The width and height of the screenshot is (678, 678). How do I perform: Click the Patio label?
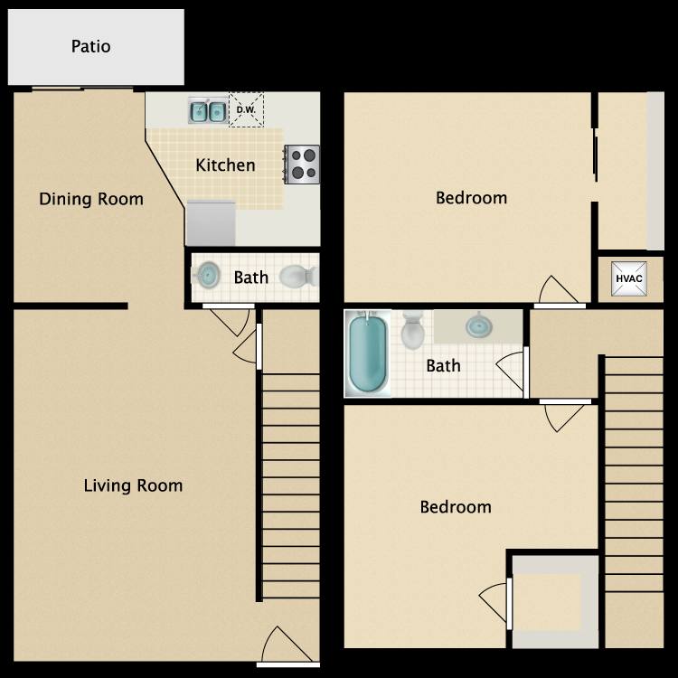point(91,46)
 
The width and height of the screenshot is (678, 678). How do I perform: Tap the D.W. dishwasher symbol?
point(245,110)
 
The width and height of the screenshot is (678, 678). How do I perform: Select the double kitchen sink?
point(208,111)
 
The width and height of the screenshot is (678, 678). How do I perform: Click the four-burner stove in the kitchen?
point(303,164)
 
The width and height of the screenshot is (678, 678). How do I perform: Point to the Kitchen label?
point(225,165)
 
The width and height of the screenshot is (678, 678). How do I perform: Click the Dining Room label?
point(91,199)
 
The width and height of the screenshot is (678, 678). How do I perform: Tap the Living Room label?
point(133,485)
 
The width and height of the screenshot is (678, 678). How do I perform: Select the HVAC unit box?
point(628,278)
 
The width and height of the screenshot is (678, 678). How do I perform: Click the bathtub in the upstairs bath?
point(367,353)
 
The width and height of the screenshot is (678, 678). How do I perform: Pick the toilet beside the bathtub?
point(413,330)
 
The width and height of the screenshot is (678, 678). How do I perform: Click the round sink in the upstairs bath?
point(478,325)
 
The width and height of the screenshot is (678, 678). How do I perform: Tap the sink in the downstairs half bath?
point(208,275)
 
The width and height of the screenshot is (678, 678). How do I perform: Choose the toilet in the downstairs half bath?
point(296,276)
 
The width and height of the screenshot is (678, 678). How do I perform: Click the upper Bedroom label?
point(471,198)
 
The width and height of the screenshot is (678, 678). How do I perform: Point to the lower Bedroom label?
point(456,507)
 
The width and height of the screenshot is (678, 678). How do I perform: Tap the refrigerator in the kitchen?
point(211,222)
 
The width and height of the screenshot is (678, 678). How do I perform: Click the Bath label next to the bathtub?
point(443,365)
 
